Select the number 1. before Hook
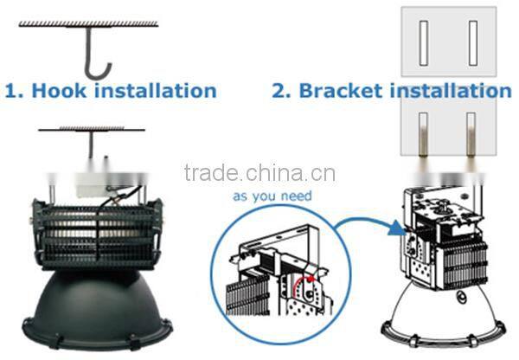14,89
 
